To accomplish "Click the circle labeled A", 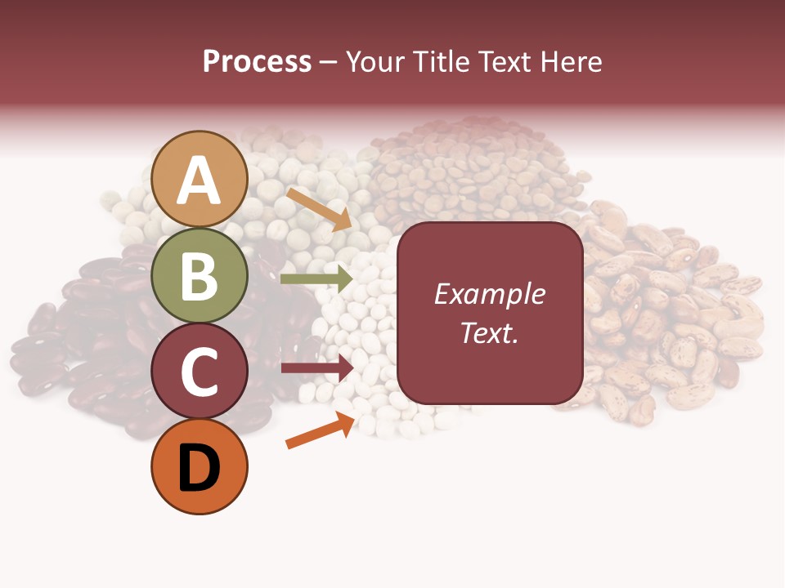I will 200,179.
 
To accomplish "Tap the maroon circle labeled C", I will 200,372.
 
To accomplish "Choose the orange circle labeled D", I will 200,467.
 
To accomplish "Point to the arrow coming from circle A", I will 319,208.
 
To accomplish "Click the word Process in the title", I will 257,61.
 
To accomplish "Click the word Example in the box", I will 489,294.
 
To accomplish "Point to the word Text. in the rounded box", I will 489,332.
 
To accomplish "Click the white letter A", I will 200,180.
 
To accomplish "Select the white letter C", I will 200,372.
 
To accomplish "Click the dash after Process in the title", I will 329,63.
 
